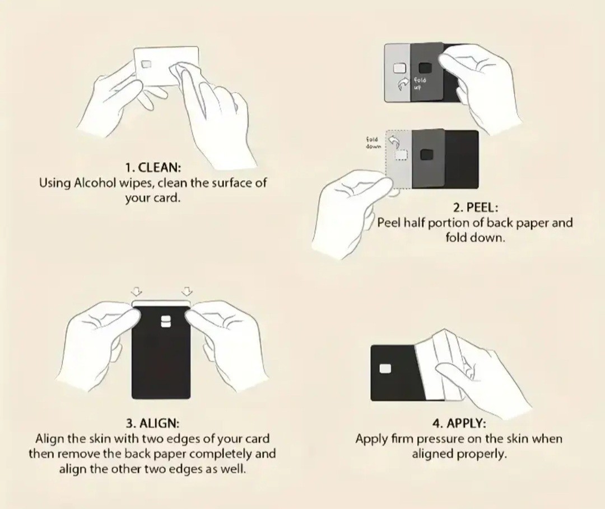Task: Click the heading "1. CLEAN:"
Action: point(153,168)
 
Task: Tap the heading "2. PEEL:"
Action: point(476,208)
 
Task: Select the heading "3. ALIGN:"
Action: point(153,423)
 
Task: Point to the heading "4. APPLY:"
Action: point(459,423)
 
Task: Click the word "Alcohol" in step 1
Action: point(95,182)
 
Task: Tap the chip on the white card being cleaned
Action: point(146,64)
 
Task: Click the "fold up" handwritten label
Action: point(420,83)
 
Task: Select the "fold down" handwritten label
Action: point(373,143)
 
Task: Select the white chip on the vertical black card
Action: point(166,322)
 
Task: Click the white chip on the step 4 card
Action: point(385,369)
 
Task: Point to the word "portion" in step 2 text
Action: point(448,223)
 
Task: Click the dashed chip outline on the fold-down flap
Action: point(401,154)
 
